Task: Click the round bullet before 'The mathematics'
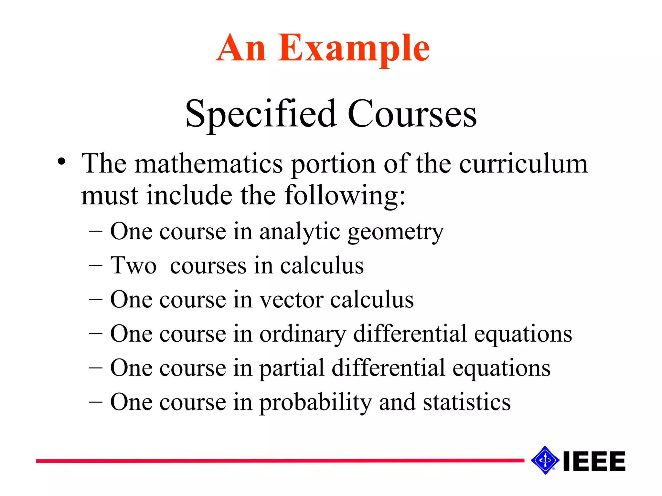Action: point(61,161)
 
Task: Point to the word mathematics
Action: point(208,164)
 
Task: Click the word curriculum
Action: point(523,164)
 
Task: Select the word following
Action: point(345,196)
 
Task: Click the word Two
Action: point(133,266)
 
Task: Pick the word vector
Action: point(292,300)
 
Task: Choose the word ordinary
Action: point(303,334)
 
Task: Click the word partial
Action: point(292,368)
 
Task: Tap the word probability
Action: point(315,402)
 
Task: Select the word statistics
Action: point(467,402)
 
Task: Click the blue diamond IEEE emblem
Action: point(545,460)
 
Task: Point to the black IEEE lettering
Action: point(594,461)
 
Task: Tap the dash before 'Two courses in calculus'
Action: point(95,266)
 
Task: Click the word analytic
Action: point(300,232)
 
